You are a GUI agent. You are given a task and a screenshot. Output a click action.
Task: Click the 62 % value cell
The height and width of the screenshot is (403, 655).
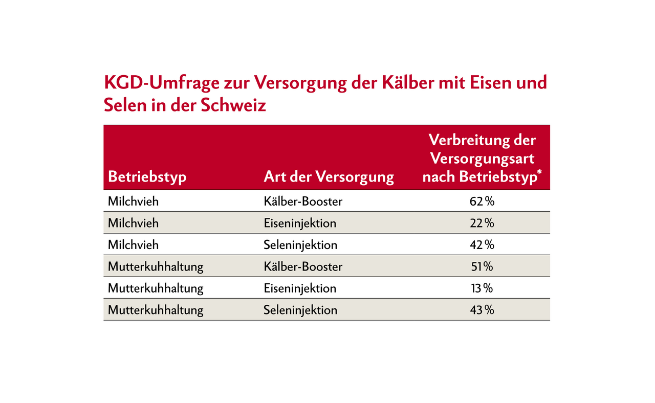pyautogui.click(x=482, y=201)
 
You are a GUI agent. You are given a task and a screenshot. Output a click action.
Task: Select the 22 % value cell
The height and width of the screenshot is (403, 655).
pyautogui.click(x=482, y=223)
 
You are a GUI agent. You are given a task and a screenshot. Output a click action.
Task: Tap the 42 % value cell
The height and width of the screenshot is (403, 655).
pyautogui.click(x=482, y=245)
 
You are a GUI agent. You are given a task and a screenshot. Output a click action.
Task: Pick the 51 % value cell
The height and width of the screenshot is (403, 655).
pyautogui.click(x=482, y=266)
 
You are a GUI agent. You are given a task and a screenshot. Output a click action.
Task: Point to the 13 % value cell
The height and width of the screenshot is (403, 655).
pyautogui.click(x=482, y=288)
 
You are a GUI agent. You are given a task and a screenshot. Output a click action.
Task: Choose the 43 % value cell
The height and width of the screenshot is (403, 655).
pyautogui.click(x=482, y=310)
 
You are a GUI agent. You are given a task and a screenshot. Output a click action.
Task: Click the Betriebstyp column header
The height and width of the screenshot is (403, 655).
pyautogui.click(x=147, y=177)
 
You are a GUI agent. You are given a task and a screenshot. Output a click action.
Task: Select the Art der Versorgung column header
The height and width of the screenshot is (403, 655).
pyautogui.click(x=329, y=177)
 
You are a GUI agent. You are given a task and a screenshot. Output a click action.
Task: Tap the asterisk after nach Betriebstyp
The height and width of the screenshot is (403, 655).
pyautogui.click(x=539, y=173)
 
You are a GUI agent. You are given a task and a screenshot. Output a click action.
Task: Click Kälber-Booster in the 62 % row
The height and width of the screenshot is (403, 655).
pyautogui.click(x=303, y=201)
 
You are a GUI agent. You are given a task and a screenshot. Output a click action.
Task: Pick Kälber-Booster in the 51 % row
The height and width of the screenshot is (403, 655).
pyautogui.click(x=303, y=266)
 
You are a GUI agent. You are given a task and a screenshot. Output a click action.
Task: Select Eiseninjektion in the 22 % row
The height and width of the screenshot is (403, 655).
pyautogui.click(x=300, y=223)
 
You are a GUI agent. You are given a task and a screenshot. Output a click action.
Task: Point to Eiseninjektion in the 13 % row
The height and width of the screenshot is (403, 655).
pyautogui.click(x=300, y=288)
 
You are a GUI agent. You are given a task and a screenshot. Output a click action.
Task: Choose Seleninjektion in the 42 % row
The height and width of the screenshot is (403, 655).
pyautogui.click(x=300, y=245)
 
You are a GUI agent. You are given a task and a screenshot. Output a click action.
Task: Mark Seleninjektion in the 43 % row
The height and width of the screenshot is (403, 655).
pyautogui.click(x=300, y=310)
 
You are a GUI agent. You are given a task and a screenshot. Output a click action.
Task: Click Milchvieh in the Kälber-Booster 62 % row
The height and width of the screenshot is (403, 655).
pyautogui.click(x=134, y=201)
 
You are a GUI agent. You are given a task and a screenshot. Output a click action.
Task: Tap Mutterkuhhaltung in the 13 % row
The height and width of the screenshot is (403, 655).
pyautogui.click(x=156, y=288)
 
